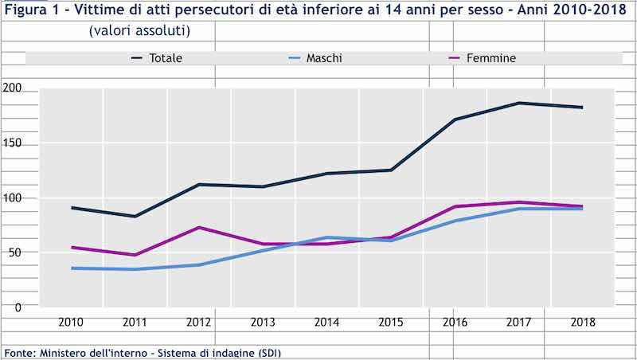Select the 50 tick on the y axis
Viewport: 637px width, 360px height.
(x=13, y=252)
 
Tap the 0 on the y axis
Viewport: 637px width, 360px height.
(x=16, y=307)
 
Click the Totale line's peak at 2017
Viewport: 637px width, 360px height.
(x=518, y=103)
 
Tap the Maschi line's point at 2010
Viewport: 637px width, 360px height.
(x=72, y=268)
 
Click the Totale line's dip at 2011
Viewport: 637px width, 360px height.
(x=136, y=216)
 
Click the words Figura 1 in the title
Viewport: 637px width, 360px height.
(x=29, y=10)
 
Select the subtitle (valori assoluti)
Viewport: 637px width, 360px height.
(x=139, y=31)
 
